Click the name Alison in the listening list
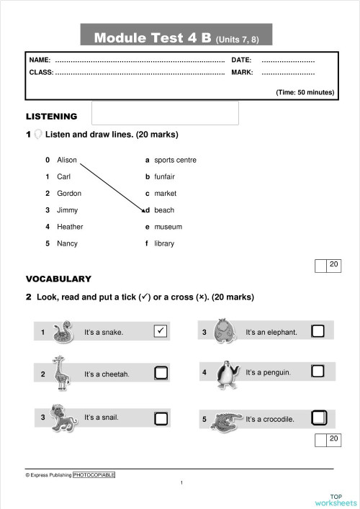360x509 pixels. click(x=67, y=160)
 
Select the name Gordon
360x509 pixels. click(x=69, y=193)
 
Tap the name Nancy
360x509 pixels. click(x=67, y=243)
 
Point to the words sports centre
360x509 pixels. click(x=175, y=160)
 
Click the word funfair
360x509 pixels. click(x=165, y=176)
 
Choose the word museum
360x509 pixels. click(x=168, y=227)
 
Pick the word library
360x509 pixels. click(x=164, y=243)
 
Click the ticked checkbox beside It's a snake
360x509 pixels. click(x=161, y=331)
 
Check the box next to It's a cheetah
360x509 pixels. click(x=161, y=373)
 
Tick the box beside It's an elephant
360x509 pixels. click(x=318, y=331)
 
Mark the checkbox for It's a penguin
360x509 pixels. click(x=318, y=371)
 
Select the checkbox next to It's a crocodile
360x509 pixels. click(x=318, y=418)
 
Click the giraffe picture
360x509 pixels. click(x=60, y=373)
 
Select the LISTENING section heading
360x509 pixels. click(x=51, y=117)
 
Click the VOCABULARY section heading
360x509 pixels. click(x=58, y=279)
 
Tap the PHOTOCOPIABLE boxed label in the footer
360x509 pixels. click(x=94, y=475)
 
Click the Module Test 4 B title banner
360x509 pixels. click(x=176, y=37)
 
